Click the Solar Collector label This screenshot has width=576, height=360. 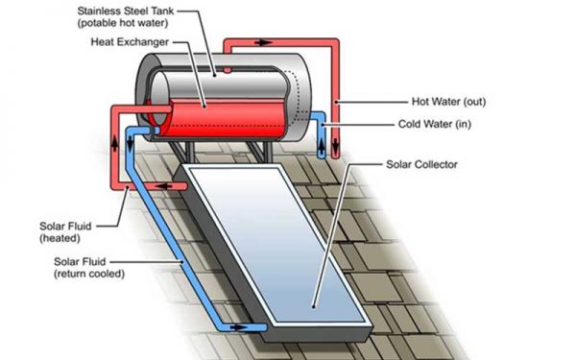(421, 164)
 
